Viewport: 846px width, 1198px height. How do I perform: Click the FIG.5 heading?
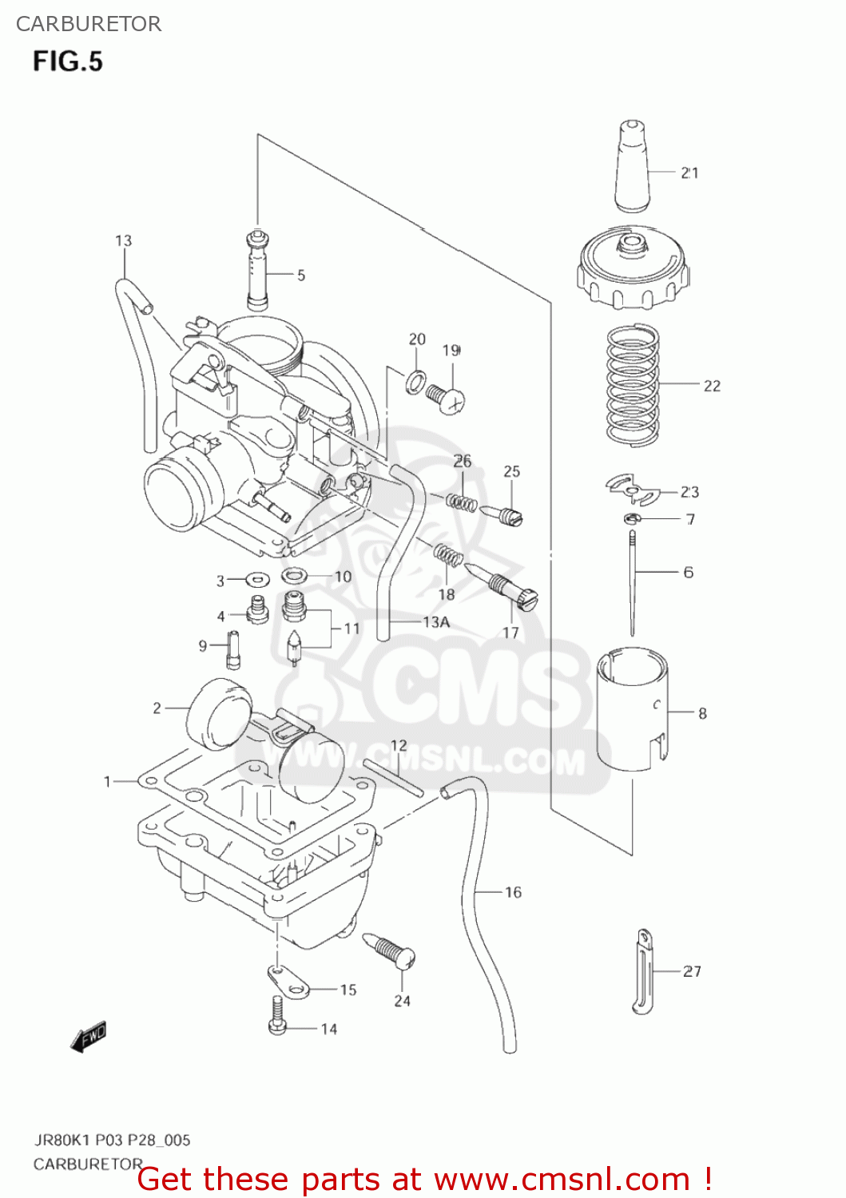coord(68,61)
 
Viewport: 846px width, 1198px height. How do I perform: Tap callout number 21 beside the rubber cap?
coord(689,173)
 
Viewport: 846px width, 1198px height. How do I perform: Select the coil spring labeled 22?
coord(633,384)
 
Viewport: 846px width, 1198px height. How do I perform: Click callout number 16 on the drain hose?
coord(513,892)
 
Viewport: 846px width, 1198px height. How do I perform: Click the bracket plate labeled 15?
coord(288,982)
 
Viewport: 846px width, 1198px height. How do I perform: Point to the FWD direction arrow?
coord(88,1037)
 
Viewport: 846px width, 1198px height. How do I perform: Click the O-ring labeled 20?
coord(415,382)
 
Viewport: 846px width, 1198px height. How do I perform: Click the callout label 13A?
coord(436,622)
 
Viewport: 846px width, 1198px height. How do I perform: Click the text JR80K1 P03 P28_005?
coord(112,1140)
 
